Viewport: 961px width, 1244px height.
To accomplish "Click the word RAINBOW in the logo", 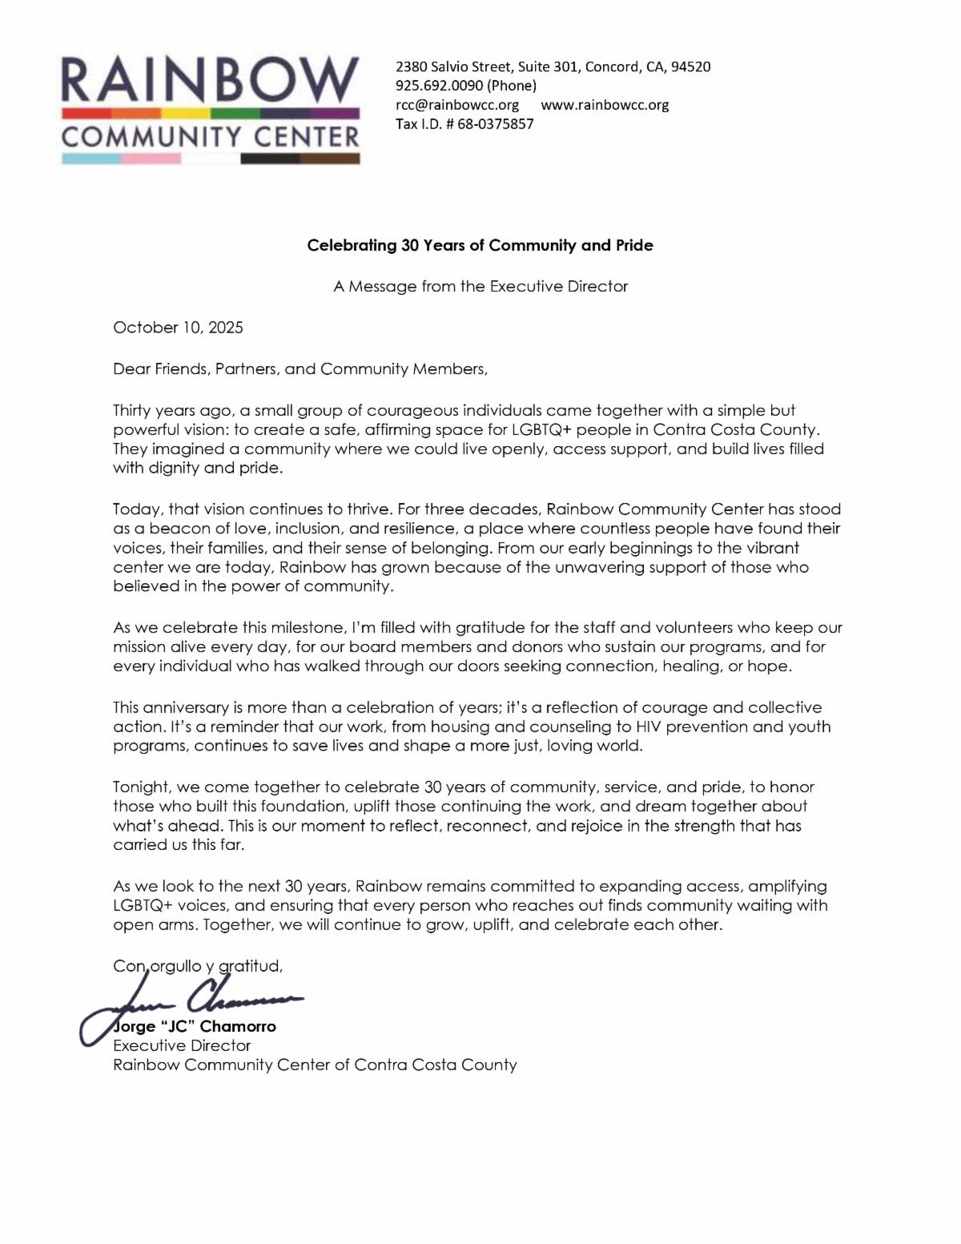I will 210,79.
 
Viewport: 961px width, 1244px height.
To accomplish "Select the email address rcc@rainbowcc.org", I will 457,105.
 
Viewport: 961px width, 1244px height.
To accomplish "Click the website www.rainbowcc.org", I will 605,105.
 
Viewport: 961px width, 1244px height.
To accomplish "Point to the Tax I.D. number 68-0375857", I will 495,124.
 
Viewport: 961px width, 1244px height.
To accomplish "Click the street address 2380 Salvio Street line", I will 553,66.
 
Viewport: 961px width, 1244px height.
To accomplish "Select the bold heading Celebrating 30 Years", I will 480,245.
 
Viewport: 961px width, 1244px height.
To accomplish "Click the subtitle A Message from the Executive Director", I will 480,286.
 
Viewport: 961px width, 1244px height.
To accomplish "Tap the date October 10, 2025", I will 178,327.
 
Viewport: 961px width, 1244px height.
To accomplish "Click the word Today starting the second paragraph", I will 135,509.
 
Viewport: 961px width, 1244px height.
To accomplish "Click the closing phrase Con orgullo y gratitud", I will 198,966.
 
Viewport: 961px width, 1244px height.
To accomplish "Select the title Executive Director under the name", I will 182,1045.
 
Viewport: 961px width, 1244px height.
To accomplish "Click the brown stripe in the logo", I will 330,159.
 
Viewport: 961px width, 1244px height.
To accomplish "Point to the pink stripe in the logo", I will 151,159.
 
